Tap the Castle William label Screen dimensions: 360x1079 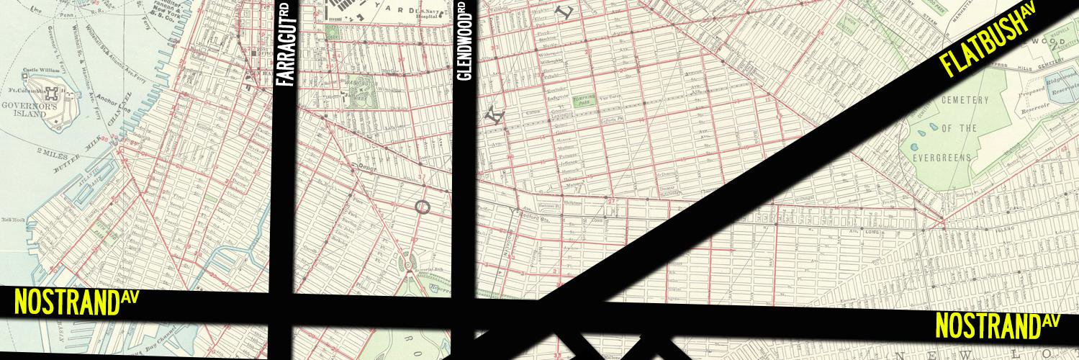[x=40, y=71]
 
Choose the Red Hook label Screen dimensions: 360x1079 [x=12, y=219]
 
